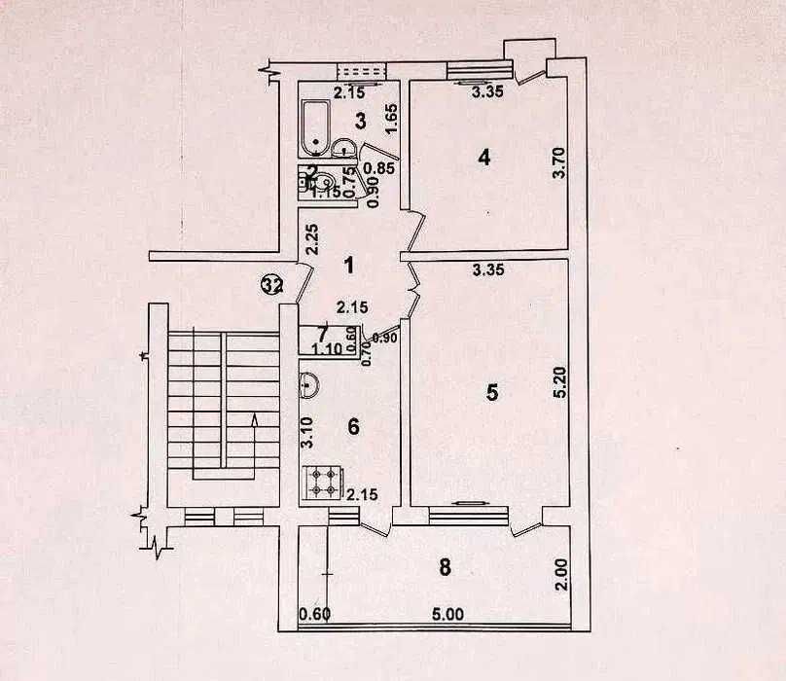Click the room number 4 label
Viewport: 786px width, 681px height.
(483, 158)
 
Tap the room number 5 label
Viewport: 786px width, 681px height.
(492, 392)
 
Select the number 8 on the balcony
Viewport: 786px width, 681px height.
(446, 569)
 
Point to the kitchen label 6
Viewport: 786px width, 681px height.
(354, 426)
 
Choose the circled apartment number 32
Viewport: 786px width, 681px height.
(271, 285)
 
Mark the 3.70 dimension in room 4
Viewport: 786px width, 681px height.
(557, 161)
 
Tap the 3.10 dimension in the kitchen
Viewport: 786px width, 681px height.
(306, 431)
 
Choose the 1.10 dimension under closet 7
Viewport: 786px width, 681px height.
(327, 349)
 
